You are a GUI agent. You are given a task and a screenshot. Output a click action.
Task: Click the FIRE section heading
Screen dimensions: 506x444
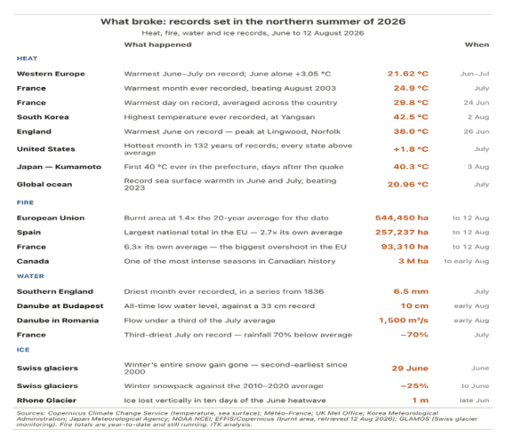(x=25, y=202)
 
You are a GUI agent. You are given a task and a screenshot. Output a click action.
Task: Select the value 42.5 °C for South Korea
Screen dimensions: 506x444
(x=411, y=117)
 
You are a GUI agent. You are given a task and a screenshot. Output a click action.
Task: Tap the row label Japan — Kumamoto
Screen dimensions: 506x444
(x=59, y=167)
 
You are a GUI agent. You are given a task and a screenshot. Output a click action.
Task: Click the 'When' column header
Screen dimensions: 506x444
(x=477, y=44)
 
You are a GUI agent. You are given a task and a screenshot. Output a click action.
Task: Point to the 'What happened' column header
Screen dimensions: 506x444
(x=157, y=44)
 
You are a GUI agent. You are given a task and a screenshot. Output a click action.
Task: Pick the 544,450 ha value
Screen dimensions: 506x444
(x=402, y=218)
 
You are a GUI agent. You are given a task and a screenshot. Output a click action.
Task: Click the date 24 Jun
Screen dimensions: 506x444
(x=477, y=103)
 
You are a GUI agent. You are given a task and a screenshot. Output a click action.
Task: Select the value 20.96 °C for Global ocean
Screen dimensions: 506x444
(x=408, y=185)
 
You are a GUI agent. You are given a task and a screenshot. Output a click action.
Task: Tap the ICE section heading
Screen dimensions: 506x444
(x=23, y=350)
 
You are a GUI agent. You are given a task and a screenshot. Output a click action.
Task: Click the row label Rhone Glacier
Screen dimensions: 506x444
(x=46, y=400)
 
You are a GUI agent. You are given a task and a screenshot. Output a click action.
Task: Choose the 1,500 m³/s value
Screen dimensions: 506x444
(x=404, y=321)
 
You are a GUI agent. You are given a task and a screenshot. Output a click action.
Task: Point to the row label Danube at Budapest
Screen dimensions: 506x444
(x=60, y=306)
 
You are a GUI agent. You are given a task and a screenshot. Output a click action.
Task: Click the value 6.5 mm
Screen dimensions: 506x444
(x=411, y=291)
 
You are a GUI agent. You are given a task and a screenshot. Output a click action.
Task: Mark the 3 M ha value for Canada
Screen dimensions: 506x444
(x=414, y=261)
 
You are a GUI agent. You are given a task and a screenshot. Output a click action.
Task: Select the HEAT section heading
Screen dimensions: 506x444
(x=27, y=59)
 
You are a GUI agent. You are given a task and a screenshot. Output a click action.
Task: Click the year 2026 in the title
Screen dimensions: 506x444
(x=391, y=21)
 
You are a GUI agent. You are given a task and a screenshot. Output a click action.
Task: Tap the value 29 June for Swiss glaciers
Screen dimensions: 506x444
(x=410, y=369)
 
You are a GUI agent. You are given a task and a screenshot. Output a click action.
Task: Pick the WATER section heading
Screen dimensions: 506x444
(x=30, y=276)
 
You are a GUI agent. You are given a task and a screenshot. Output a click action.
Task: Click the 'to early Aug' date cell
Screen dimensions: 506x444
(x=467, y=261)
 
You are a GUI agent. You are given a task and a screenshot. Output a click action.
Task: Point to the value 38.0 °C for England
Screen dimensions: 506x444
(x=411, y=131)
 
